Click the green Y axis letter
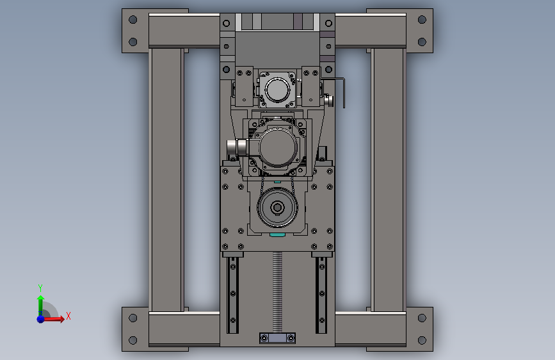40,288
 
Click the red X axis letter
68,316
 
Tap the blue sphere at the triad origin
41,319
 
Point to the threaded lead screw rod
278,292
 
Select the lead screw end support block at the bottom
278,338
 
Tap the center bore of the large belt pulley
277,208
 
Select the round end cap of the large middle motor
278,147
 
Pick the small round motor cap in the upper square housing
277,90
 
